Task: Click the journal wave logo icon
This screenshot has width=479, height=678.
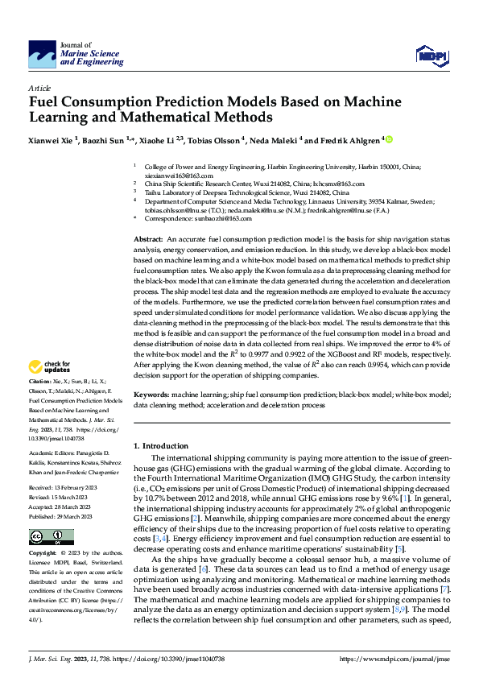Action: click(x=42, y=55)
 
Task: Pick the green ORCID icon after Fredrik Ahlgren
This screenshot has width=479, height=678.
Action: click(x=390, y=139)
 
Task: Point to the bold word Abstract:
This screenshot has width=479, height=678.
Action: click(x=148, y=240)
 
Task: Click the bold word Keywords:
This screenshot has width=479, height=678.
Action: click(x=151, y=395)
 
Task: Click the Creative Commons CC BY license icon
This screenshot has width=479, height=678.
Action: click(x=51, y=536)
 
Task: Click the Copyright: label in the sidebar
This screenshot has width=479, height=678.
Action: click(x=43, y=554)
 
